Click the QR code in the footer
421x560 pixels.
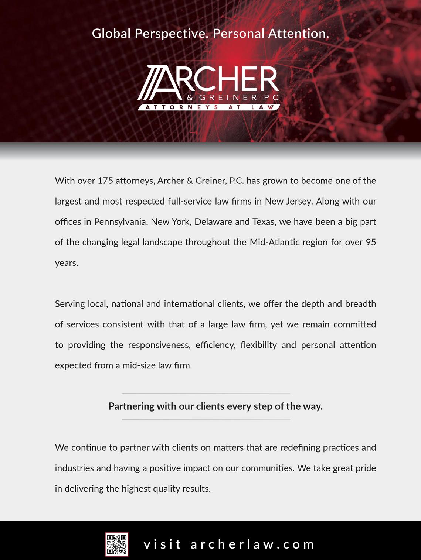pos(117,544)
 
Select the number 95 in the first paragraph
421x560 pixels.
pos(371,243)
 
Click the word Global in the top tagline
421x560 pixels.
pos(111,34)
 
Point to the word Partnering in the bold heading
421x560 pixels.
pos(131,406)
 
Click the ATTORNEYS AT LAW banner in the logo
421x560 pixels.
pos(209,107)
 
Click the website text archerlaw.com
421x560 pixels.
pos(252,544)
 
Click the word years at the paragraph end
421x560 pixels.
pos(66,264)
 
